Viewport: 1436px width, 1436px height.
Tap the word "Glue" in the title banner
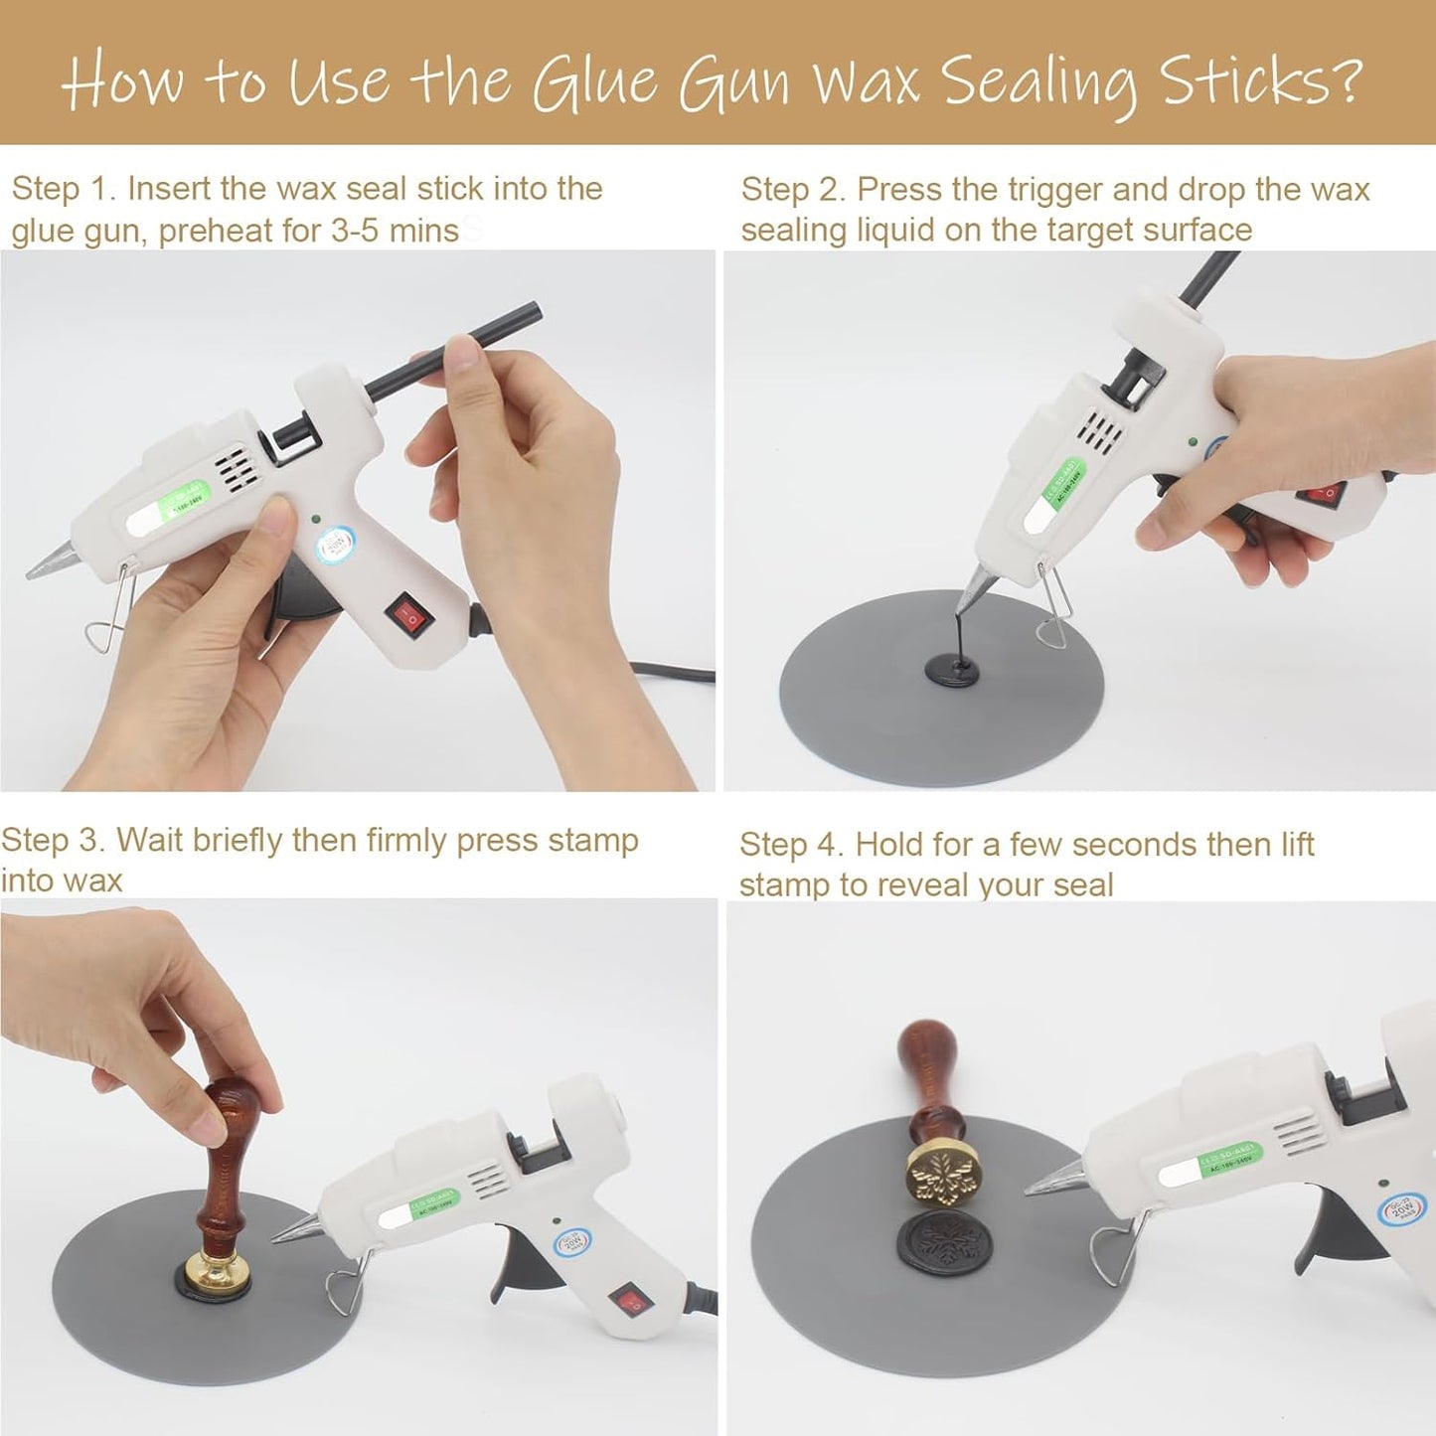click(594, 81)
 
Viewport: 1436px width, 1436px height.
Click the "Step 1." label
click(64, 189)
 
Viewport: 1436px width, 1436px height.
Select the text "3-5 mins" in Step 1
click(395, 231)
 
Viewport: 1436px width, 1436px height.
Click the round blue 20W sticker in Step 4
click(1401, 1210)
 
